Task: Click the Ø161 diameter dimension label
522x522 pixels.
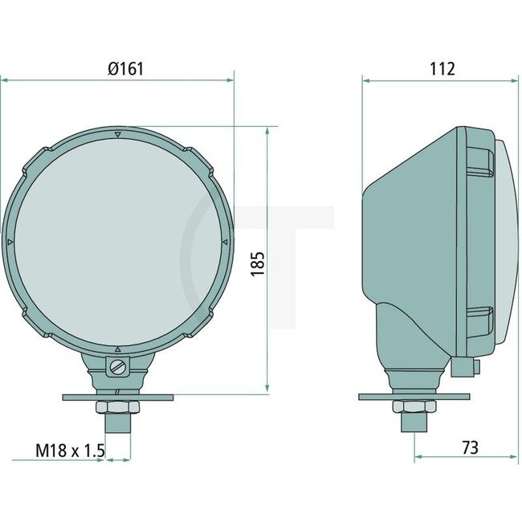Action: pyautogui.click(x=125, y=69)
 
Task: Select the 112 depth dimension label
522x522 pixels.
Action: pyautogui.click(x=442, y=69)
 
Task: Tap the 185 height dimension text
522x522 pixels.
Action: pyautogui.click(x=258, y=263)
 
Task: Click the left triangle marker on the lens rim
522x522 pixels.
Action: pyautogui.click(x=10, y=241)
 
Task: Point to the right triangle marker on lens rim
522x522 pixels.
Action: pyautogui.click(x=225, y=240)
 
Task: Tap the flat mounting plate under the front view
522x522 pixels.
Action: pyautogui.click(x=118, y=397)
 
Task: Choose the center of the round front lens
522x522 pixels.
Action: pyautogui.click(x=118, y=241)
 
